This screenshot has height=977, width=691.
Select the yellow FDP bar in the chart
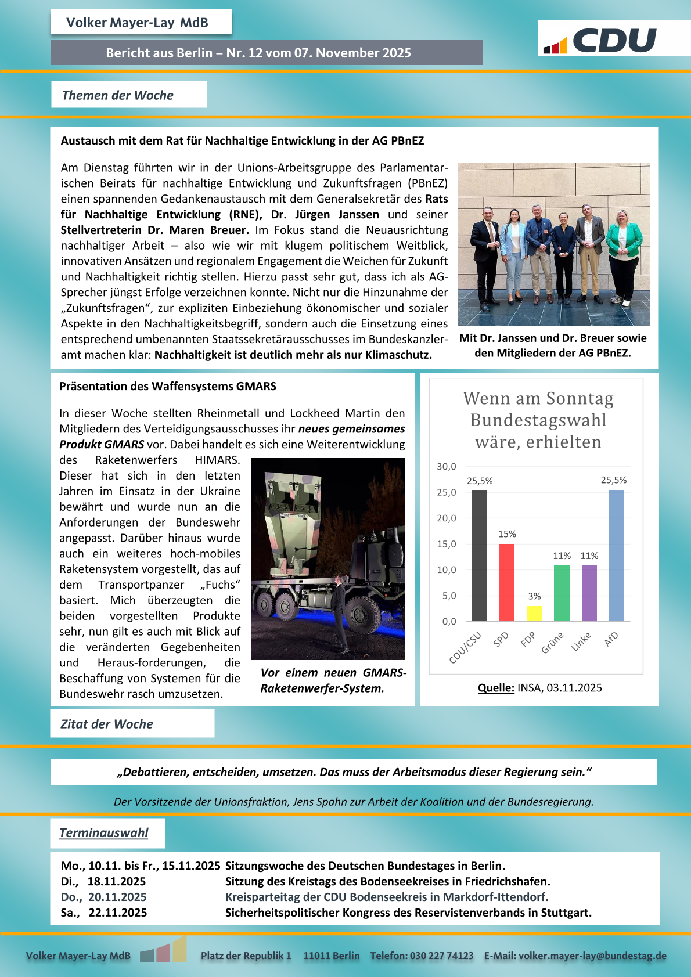pos(534,613)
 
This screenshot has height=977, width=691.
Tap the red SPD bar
pos(507,582)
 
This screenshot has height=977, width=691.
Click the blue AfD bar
pos(616,555)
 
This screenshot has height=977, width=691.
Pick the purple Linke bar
pos(589,593)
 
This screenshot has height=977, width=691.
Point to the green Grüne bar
pos(562,593)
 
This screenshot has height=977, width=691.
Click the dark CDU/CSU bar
pos(480,555)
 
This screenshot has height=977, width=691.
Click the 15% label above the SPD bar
pos(507,534)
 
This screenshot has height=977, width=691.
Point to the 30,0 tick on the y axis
pos(447,467)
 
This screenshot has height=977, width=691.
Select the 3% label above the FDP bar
pos(534,596)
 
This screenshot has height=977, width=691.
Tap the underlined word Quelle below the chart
pos(496,688)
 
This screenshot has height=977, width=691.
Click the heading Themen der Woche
pos(118,95)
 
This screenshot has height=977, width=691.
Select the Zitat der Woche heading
pos(107,724)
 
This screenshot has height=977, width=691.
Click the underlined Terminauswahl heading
pos(104,833)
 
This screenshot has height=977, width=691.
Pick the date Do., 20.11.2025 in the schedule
pos(104,897)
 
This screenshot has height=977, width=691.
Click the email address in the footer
pos(592,956)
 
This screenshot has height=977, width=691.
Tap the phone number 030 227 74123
pos(441,956)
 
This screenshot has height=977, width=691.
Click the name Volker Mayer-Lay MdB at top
pos(137,23)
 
